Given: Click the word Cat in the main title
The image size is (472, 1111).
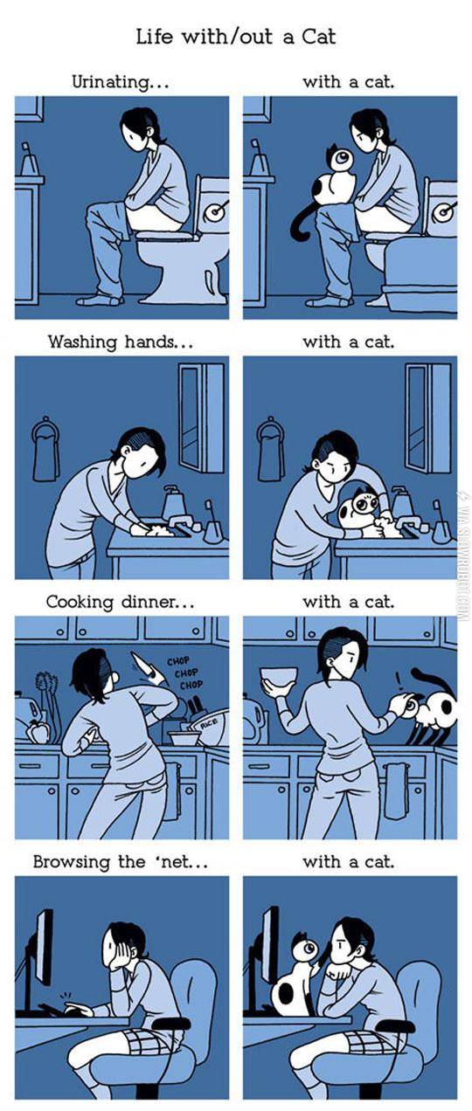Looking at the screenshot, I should tap(318, 37).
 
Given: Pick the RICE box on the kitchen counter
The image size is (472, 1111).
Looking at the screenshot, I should tap(209, 724).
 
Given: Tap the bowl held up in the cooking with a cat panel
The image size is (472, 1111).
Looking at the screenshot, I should tap(279, 679).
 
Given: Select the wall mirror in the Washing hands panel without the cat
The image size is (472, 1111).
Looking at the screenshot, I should tap(201, 417).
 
